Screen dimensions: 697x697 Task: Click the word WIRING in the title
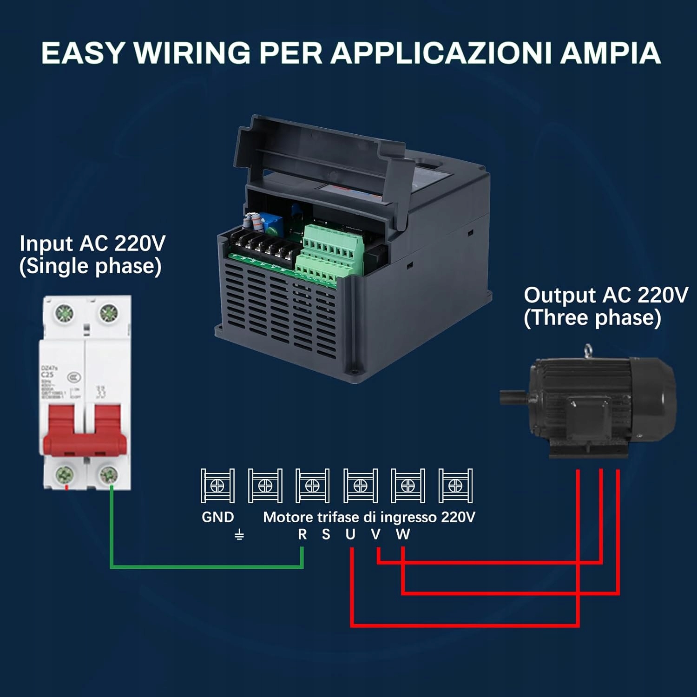[192, 53]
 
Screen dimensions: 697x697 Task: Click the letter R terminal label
[302, 534]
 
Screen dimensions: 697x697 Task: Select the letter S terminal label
[326, 534]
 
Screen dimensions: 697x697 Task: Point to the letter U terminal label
[350, 534]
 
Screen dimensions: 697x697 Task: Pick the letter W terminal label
[403, 534]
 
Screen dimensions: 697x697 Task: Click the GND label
[217, 517]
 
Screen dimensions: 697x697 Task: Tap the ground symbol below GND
[239, 535]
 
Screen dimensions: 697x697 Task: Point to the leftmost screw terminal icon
[217, 486]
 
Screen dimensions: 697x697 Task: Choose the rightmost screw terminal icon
[455, 486]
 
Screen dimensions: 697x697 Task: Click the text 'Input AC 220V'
[92, 243]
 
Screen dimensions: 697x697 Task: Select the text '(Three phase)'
[592, 318]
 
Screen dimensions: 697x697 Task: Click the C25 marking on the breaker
[47, 375]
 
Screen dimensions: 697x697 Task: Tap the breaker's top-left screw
[64, 313]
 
